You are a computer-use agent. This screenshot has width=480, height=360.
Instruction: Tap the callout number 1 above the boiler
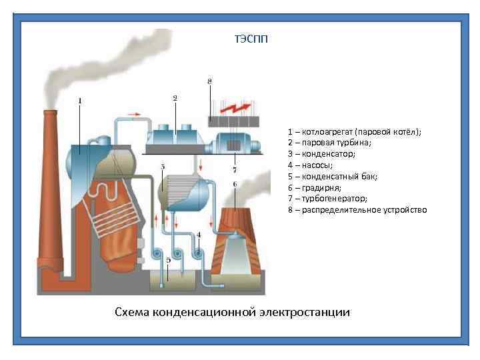pos(80,101)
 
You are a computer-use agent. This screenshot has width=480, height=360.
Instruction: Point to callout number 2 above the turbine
pos(175,98)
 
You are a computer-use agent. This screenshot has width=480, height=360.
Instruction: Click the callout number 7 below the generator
pos(234,170)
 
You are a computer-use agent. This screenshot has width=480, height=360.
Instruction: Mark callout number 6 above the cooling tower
pos(234,183)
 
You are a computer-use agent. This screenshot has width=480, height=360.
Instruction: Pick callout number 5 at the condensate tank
pos(168,261)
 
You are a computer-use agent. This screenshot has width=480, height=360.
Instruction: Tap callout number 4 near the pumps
pos(198,235)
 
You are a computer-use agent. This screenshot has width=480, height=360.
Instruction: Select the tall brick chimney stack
pos(52,193)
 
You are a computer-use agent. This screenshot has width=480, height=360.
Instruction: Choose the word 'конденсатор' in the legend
pos(329,154)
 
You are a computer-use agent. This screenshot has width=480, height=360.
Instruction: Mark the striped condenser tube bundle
pos(180,187)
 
